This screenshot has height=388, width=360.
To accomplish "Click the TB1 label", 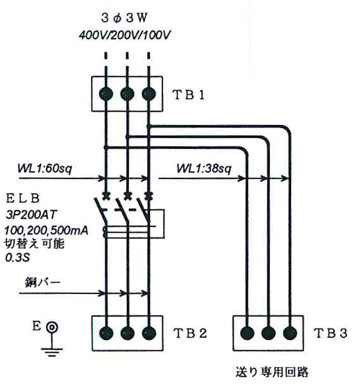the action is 189,95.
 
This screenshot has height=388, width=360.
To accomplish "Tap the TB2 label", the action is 190,333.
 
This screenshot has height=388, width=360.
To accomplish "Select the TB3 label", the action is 330,333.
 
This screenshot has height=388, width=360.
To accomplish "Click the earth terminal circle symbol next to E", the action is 52,327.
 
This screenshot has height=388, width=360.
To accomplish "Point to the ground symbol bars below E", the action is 52,352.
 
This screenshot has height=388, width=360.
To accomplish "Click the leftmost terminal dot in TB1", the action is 106,94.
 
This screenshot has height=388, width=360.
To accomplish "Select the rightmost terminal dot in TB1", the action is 148,94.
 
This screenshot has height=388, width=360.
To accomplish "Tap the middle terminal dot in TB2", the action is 128,333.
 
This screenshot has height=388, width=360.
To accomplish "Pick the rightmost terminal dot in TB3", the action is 290,333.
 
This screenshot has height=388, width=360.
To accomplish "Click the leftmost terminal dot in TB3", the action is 248,333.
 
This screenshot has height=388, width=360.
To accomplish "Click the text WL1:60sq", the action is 45,168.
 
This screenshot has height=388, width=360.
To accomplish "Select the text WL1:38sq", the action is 204,168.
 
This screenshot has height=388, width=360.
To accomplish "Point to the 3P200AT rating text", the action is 32,215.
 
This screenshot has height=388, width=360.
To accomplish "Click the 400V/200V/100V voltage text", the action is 124,35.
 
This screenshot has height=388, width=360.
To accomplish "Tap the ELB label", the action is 23,199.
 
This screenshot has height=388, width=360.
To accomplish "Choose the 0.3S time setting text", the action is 17,257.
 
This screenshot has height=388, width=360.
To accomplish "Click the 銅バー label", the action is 42,283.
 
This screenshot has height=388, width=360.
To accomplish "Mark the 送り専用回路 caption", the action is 272,372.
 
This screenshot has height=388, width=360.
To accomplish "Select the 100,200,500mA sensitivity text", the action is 46,231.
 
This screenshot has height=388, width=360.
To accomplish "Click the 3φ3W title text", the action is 124,18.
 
